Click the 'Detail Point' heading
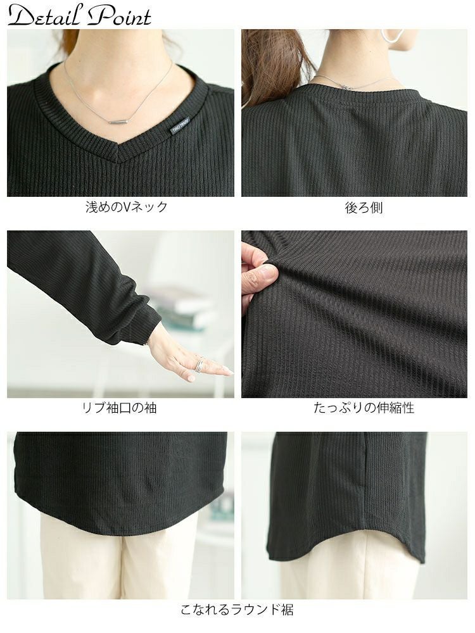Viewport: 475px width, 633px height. (80, 16)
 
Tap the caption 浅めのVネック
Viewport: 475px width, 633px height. (127, 207)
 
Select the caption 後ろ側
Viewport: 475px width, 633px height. (364, 208)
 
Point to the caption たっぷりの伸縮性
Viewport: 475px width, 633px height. (364, 408)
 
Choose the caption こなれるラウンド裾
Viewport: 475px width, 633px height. (237, 609)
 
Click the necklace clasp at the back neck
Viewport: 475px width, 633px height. (345, 86)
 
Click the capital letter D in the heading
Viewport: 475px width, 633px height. (22, 16)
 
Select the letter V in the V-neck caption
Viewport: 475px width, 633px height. (126, 208)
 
